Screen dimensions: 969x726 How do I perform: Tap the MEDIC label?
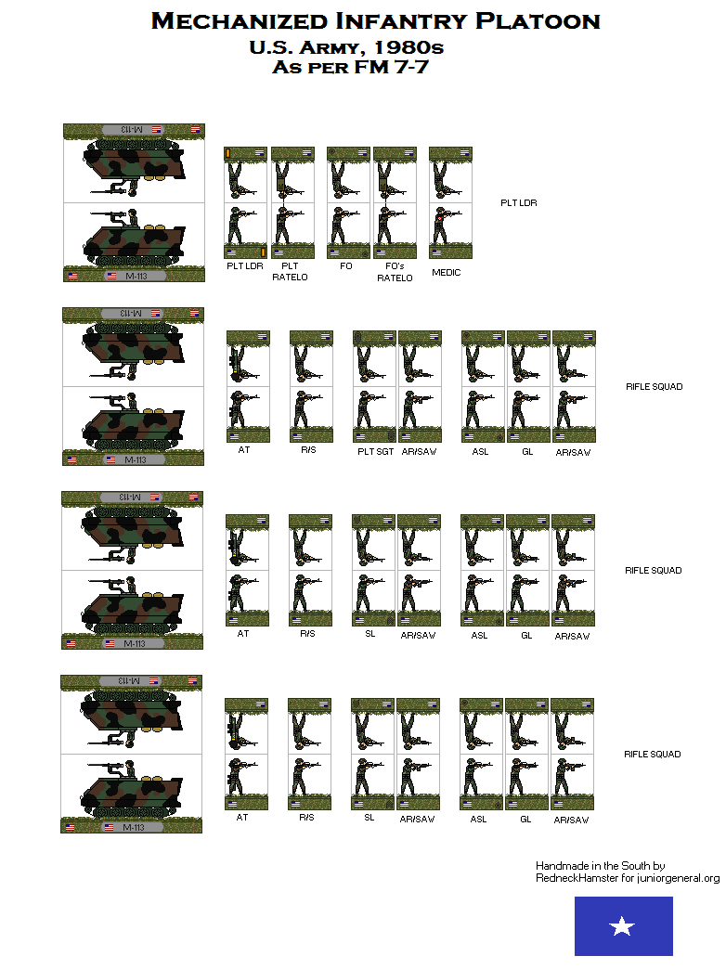pos(447,273)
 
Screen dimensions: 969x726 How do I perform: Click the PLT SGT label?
pos(376,452)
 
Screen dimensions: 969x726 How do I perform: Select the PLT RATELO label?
pos(292,271)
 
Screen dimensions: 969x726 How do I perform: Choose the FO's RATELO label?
pos(395,273)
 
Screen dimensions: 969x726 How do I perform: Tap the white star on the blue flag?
pos(623,926)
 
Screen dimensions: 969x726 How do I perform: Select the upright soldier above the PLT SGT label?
pos(374,409)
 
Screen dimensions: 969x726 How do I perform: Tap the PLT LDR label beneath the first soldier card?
pos(245,265)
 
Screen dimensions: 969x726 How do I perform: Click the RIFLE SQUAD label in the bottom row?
pos(653,755)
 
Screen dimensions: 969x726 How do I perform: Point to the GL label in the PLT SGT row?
pos(526,452)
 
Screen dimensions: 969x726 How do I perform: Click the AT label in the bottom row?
pos(242,818)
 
